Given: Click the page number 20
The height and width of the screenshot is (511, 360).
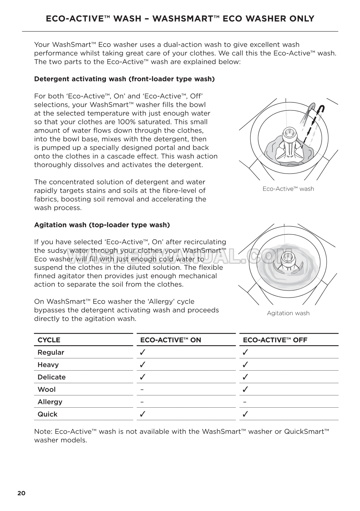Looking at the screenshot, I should click(x=21, y=493).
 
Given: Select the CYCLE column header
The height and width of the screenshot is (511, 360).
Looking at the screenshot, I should click(x=49, y=340).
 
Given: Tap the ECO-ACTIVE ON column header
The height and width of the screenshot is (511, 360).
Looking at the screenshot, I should click(x=171, y=340).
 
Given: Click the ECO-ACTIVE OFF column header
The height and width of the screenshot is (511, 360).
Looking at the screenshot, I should click(x=275, y=340).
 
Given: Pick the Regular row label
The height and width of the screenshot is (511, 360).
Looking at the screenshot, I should click(x=51, y=352).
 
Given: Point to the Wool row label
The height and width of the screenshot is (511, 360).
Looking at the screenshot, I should click(x=47, y=389).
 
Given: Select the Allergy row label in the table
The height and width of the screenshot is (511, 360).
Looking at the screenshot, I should click(x=50, y=402).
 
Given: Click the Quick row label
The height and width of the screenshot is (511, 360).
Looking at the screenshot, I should click(x=47, y=414).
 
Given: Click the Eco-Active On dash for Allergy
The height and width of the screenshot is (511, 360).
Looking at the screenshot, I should click(x=142, y=402).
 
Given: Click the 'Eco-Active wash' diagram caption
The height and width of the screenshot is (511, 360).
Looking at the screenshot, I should click(x=288, y=189).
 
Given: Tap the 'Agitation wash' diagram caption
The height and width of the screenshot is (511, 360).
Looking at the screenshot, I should click(x=288, y=313).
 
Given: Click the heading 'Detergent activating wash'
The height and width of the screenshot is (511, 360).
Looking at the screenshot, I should click(x=124, y=79).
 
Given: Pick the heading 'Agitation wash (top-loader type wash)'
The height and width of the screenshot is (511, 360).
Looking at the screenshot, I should click(x=102, y=225).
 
